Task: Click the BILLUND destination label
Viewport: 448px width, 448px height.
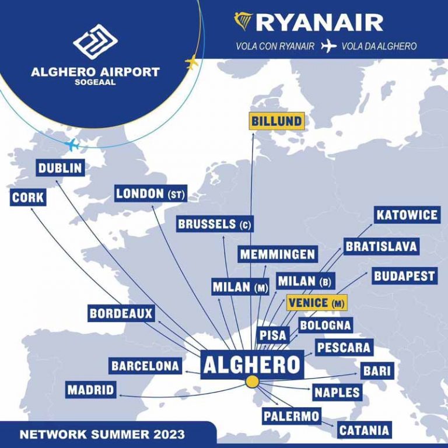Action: coord(276,121)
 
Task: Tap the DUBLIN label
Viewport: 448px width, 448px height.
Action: coord(60,169)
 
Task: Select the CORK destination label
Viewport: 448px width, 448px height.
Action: coord(28,198)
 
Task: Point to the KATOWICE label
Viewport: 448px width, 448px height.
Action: coord(407,215)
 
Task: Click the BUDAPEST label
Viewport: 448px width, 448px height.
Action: coord(405,276)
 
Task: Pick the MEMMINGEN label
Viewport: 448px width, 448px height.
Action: coord(278,255)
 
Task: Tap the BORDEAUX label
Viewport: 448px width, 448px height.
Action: coord(121,314)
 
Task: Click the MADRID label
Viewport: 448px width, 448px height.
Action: coord(90,390)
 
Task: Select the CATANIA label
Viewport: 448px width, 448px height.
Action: coord(364,431)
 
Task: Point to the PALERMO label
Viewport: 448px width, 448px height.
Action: coord(291,416)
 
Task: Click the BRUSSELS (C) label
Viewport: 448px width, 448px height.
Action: coord(215,224)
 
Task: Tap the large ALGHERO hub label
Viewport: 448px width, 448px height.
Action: coord(251,365)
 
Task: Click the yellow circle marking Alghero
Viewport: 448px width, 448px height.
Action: coord(252,382)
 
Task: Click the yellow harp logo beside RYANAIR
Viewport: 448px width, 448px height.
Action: coord(243,22)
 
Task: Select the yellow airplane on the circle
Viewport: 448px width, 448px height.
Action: coord(192,62)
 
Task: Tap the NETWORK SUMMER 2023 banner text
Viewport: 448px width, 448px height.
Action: coord(102,435)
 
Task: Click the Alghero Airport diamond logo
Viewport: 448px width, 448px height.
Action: coord(95,42)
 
